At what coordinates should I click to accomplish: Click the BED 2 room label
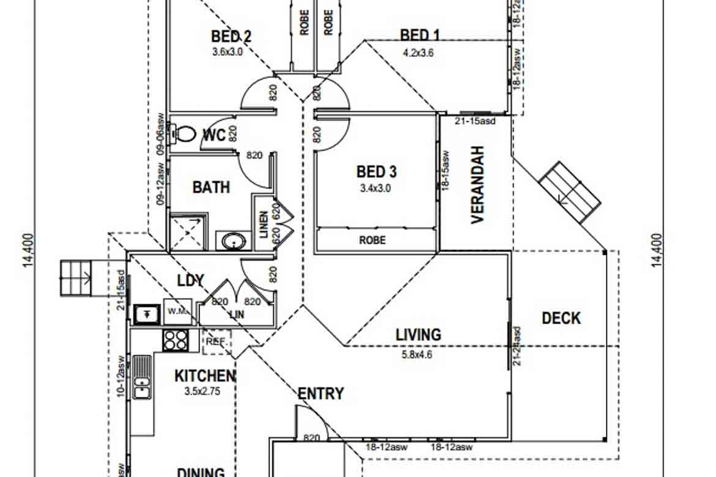(231, 37)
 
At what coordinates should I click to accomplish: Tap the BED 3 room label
(376, 172)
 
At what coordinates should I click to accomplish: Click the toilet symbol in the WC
(184, 133)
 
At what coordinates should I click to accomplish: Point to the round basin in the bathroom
(233, 241)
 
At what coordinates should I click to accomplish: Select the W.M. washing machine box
(177, 311)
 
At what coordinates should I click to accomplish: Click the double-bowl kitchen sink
(142, 377)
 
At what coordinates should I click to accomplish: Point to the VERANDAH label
(477, 185)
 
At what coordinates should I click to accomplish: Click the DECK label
(561, 318)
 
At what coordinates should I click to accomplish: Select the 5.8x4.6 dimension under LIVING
(418, 353)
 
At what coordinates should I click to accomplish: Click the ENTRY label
(320, 394)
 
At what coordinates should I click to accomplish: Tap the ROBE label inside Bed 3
(372, 240)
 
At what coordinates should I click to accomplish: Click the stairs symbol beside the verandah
(569, 191)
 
